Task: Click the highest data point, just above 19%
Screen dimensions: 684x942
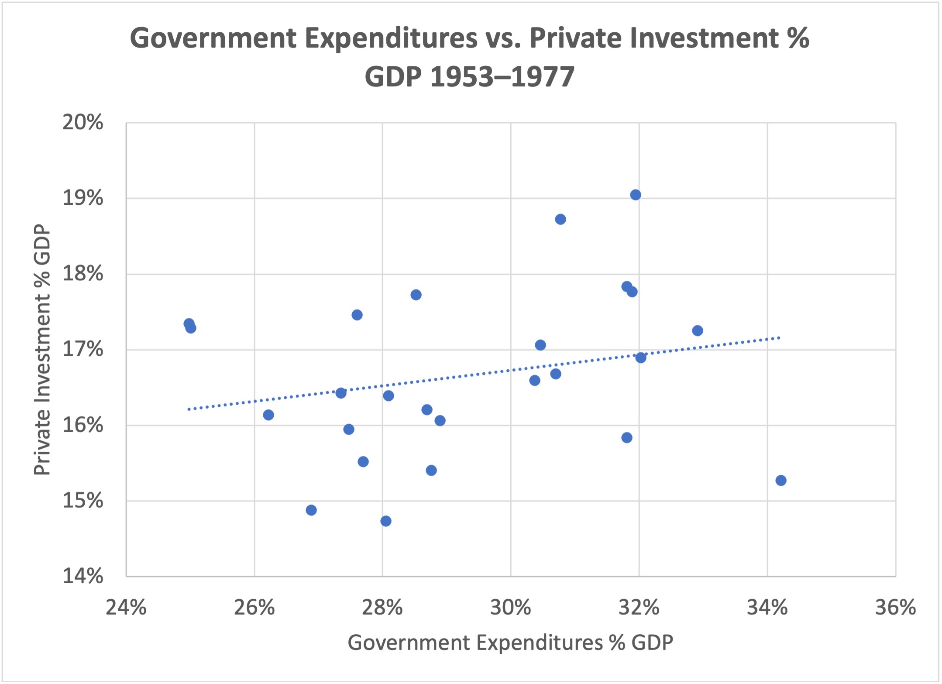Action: point(635,195)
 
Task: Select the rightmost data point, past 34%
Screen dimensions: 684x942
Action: point(780,480)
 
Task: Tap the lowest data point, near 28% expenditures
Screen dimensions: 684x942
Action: point(385,521)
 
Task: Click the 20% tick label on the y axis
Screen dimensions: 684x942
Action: point(83,123)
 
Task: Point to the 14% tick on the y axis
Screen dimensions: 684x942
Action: point(83,576)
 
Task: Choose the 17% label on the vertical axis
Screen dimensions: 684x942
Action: point(83,349)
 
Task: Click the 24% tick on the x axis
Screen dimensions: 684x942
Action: point(126,607)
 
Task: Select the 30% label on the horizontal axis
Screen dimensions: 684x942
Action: point(510,607)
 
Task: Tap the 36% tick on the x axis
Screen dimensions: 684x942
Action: point(895,607)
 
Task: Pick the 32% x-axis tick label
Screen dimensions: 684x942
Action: point(639,607)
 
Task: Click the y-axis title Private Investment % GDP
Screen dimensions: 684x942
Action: point(42,349)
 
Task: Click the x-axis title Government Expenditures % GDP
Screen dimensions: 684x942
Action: point(510,643)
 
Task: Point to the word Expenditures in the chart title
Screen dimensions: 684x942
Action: point(391,38)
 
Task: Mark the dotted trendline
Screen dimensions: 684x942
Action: point(480,374)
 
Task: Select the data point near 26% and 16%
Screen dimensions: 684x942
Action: point(268,415)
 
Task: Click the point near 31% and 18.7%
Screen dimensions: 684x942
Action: point(560,219)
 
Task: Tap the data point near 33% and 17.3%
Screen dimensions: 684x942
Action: point(697,330)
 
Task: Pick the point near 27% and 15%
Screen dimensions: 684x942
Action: point(311,510)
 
